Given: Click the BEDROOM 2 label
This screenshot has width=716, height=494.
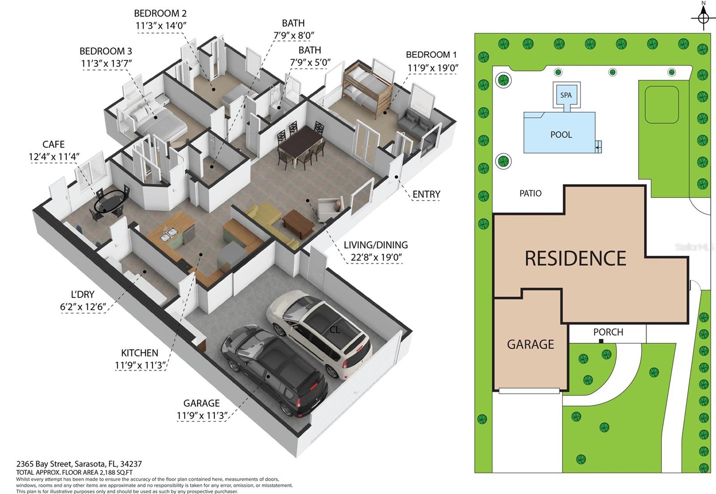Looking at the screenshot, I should pos(160,13).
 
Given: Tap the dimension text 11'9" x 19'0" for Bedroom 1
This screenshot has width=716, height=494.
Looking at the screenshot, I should pos(433,68).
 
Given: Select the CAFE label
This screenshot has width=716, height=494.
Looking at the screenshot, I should pos(54,144).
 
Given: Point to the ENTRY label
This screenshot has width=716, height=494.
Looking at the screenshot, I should pos(426,194).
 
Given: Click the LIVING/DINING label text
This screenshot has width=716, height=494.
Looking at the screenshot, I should pos(375,245).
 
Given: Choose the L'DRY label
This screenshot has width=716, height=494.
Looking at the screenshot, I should pos(83,294).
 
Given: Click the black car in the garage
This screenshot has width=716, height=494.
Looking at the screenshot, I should pos(274,371).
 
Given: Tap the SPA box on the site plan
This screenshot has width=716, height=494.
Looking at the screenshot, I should pos(566,95).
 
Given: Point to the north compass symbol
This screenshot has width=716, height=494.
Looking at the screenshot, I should pos(703,17).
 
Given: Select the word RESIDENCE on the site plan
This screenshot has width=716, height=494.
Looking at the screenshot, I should pos(575,258).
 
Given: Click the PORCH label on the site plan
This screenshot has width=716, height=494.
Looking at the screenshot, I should pos(608,332).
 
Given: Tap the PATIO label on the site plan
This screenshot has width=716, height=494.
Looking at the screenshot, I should pos(530,193).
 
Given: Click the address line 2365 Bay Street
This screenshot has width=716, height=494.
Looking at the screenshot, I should pos(79,464).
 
